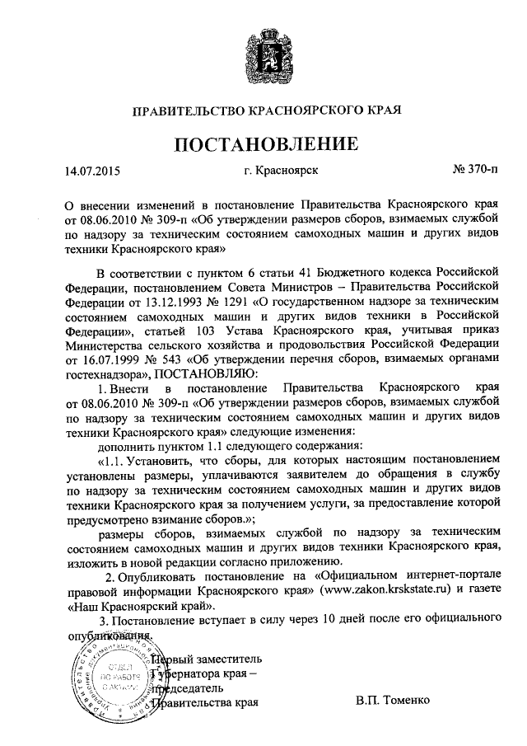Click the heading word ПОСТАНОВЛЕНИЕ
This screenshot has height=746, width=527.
tap(265, 145)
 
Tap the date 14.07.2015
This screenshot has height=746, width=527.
tap(92, 171)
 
